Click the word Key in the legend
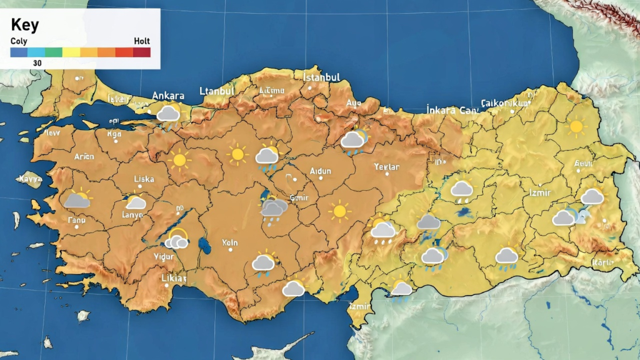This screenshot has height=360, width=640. (x=25, y=25)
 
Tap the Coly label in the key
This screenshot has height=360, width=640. (x=19, y=41)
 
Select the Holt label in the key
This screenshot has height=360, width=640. (x=142, y=41)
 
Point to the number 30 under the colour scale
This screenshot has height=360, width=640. (x=37, y=63)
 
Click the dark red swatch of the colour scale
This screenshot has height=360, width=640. (x=142, y=52)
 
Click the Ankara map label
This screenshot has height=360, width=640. (x=168, y=96)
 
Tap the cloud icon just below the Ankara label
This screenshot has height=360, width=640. (x=168, y=114)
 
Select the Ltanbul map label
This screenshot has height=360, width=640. (x=216, y=91)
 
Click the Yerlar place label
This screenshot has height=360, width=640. (x=386, y=167)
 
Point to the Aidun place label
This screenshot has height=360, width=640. (x=321, y=171)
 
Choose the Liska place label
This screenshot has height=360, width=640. (x=144, y=179)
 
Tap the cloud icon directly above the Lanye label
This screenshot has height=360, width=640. (x=136, y=202)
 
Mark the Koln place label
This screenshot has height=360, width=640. (x=230, y=242)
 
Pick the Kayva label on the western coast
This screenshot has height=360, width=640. (x=29, y=179)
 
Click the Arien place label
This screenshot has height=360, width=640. (x=84, y=157)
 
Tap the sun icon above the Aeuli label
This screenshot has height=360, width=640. (x=576, y=127)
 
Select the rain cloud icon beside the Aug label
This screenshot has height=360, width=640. (x=354, y=140)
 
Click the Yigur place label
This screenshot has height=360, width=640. (x=164, y=256)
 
